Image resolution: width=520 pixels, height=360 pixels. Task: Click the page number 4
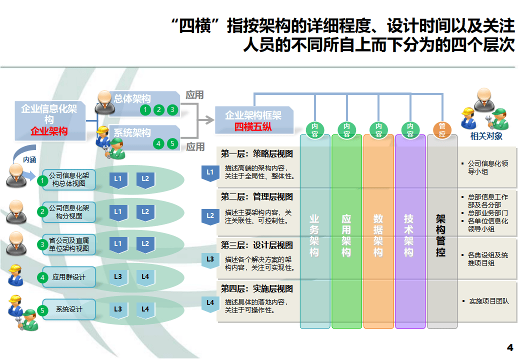510,347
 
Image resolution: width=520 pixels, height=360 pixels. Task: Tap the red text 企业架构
49,131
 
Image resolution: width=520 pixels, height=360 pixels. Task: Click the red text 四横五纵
253,126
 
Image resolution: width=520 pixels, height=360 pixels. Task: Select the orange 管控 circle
442,130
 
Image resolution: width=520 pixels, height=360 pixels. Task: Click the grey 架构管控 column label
440,235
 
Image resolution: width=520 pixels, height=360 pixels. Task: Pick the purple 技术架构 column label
409,235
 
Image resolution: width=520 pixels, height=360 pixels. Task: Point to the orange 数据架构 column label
378,235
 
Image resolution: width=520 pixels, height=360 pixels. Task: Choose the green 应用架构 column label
346,235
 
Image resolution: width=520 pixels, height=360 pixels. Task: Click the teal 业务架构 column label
314,235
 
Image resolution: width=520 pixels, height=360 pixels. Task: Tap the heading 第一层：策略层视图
257,154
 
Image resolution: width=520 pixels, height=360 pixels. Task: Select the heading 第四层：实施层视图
257,289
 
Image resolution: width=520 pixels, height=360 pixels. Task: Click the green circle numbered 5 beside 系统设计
42,310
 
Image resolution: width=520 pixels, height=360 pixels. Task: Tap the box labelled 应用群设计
68,277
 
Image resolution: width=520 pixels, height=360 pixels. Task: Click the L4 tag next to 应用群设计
145,276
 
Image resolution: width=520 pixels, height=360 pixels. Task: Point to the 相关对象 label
486,136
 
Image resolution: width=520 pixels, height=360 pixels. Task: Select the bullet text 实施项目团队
488,301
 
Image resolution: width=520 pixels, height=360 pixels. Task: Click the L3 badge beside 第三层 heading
210,259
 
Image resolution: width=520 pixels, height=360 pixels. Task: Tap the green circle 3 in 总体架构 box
172,109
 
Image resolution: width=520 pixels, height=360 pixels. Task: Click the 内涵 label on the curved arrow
30,159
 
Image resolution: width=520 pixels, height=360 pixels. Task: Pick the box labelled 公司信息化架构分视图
68,212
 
